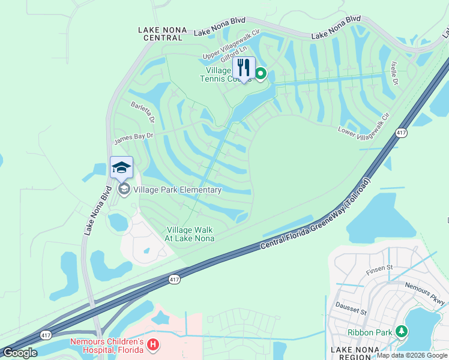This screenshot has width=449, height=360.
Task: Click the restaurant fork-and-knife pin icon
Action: coord(244,68)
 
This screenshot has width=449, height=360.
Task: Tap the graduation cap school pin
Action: coord(121,168)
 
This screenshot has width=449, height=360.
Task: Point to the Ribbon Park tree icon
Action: coord(401,331)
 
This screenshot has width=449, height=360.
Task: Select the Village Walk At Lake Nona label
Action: coord(190,234)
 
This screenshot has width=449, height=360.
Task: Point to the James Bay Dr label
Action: coord(134,139)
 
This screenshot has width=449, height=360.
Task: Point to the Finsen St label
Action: coord(381,267)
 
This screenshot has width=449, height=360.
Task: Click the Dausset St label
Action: coord(351,309)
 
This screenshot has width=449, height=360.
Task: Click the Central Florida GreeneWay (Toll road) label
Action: coord(316,214)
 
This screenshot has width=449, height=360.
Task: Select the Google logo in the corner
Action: coord(20,353)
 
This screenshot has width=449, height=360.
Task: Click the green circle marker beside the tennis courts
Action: coord(261,74)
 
